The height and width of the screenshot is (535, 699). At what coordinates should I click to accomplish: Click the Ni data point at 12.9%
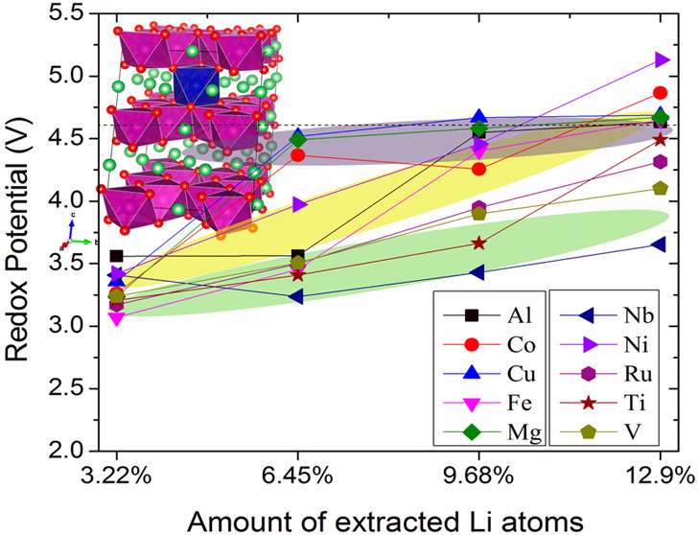tap(661, 59)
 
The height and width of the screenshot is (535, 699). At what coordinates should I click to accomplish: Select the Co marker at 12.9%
tap(661, 92)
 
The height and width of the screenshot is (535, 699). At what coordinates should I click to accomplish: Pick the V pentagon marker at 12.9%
tap(661, 188)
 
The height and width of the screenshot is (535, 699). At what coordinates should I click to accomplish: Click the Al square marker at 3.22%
tap(116, 256)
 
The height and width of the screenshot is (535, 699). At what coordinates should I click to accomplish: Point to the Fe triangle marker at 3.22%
tap(116, 318)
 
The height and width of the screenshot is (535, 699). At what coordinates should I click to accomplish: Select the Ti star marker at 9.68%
tap(478, 243)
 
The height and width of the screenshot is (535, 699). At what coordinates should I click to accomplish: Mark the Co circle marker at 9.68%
tap(478, 169)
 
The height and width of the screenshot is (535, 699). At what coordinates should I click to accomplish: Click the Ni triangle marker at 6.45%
tap(298, 204)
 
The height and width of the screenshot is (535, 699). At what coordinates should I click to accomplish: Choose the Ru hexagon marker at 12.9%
tap(661, 161)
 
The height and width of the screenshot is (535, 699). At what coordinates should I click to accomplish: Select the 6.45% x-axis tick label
tap(298, 475)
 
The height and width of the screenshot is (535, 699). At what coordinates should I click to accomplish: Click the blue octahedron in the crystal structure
tap(197, 84)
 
